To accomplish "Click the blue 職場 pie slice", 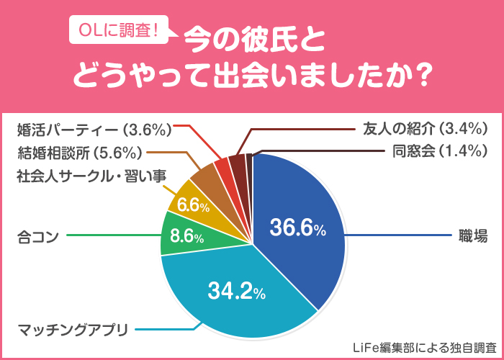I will coord(302,216).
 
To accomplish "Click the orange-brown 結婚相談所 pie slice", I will coord(204,176).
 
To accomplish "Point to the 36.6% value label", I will coord(297,228).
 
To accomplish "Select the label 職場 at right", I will coord(471,235).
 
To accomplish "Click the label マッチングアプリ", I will coord(72,330).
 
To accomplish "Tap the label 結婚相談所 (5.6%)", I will coord(81,152).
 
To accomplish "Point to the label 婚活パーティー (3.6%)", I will coord(93,130).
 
